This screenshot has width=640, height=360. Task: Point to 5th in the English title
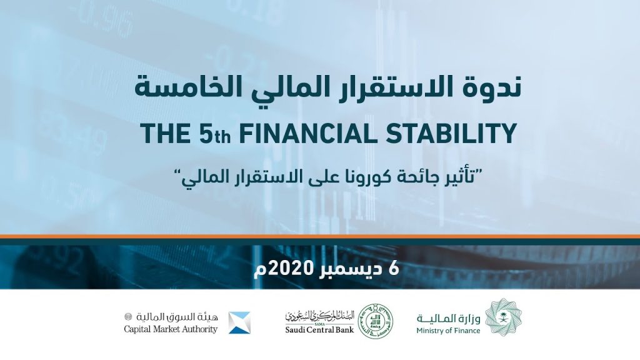(215, 133)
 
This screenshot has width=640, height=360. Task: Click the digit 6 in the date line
(394, 269)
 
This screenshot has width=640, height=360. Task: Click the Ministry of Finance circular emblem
(506, 317)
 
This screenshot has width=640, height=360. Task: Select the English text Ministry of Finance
(448, 331)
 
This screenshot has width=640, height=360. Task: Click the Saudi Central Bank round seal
(375, 321)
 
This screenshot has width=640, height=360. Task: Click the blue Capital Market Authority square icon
(239, 323)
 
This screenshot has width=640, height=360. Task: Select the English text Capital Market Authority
(171, 329)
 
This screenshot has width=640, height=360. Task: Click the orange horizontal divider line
(320, 236)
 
